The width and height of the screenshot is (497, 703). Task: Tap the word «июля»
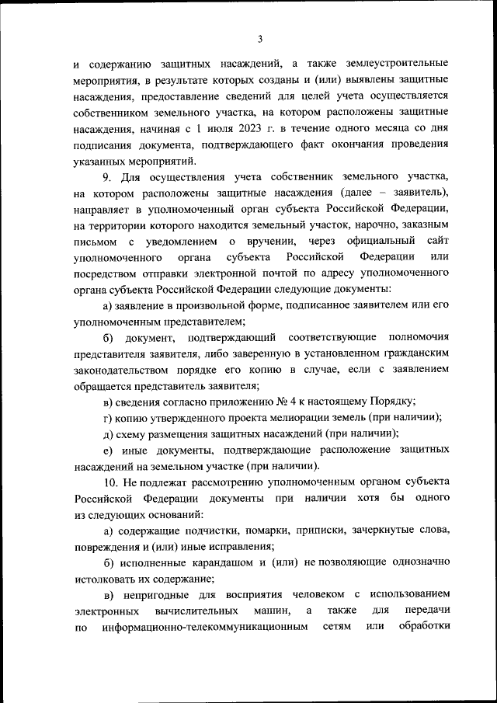click(217, 129)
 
